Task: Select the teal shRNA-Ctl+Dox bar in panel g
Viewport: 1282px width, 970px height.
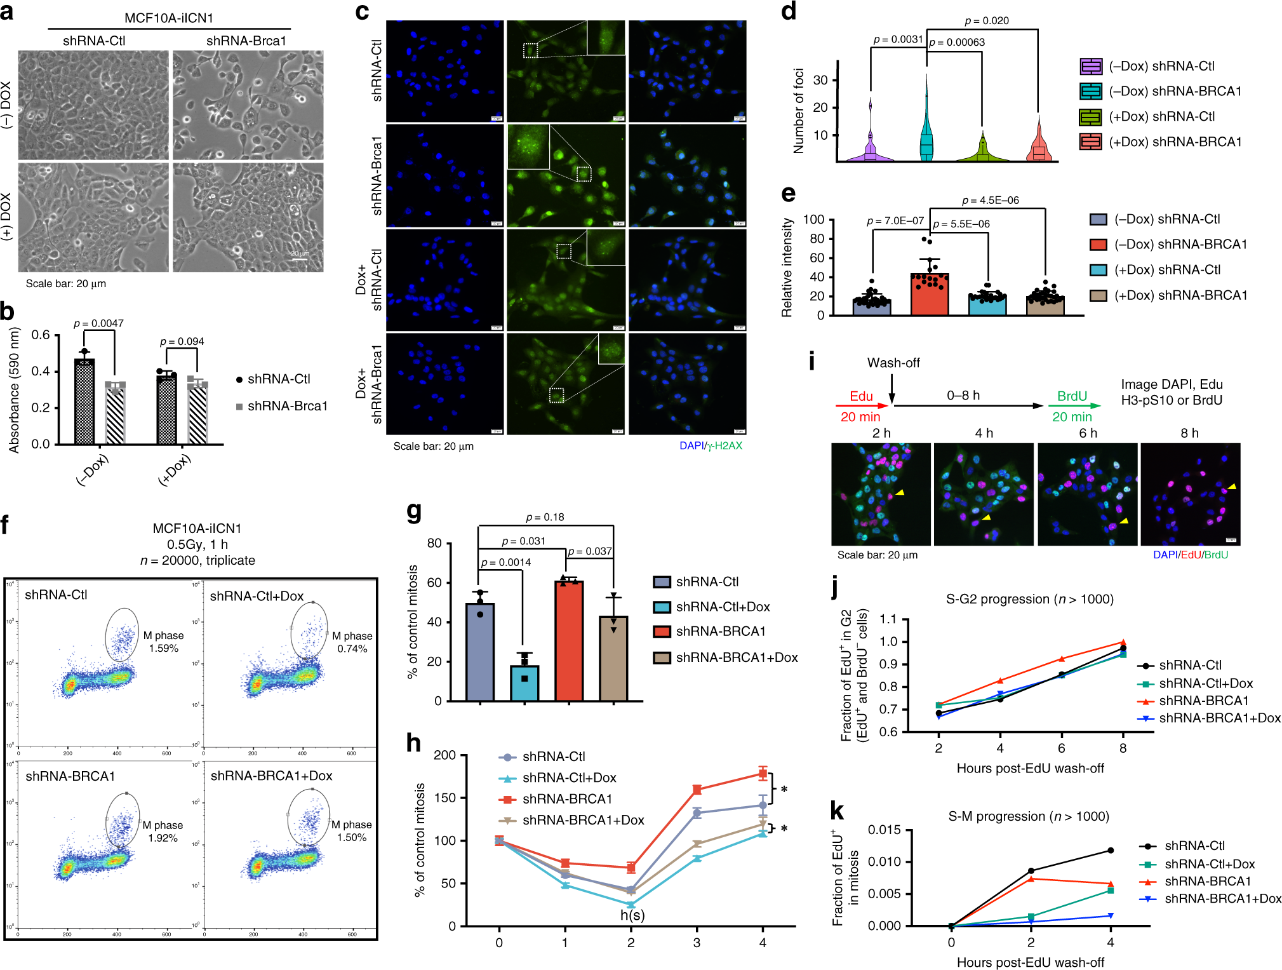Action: pos(524,684)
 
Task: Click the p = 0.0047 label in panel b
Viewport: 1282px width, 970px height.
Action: pos(98,323)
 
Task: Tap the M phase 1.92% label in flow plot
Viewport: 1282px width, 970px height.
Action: pos(163,832)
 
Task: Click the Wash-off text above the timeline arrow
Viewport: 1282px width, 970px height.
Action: pos(893,363)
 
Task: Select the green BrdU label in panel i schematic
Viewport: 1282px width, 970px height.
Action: pos(1072,396)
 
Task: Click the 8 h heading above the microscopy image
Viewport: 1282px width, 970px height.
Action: pos(1189,433)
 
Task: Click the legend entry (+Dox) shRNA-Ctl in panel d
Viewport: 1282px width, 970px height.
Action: pos(1161,116)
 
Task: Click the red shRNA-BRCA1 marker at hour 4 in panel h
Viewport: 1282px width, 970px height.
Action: pos(763,773)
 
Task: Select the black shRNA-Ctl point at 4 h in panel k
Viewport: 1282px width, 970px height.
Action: pos(1111,850)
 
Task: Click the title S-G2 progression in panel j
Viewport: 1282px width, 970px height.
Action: pos(998,599)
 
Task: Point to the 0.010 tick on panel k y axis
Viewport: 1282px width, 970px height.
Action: pos(884,862)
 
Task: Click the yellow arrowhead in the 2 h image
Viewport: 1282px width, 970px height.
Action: pos(900,493)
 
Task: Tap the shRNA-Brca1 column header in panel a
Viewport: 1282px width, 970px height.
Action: pos(246,41)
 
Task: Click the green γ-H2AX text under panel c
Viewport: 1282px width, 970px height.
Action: pos(724,446)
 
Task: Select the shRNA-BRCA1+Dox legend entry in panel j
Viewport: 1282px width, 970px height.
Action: pos(1219,718)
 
